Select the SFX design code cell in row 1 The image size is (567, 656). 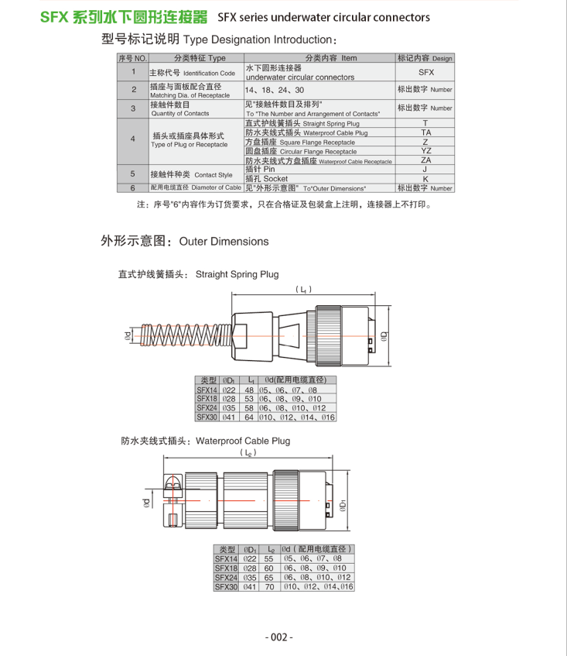[x=425, y=71]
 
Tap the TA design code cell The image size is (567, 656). [x=425, y=132]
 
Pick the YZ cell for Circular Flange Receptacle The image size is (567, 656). [x=425, y=150]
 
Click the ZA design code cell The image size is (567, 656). [x=425, y=160]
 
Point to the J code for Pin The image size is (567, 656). [x=425, y=169]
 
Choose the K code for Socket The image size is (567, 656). [x=425, y=178]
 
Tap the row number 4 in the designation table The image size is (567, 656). [x=132, y=139]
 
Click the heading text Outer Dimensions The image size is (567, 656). [x=224, y=242]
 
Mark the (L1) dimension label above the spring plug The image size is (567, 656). [x=304, y=290]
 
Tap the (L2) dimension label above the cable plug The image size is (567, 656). [x=248, y=453]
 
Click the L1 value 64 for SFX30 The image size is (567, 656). [x=249, y=417]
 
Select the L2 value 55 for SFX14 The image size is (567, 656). [x=269, y=558]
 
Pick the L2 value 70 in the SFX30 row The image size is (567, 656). [x=269, y=587]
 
